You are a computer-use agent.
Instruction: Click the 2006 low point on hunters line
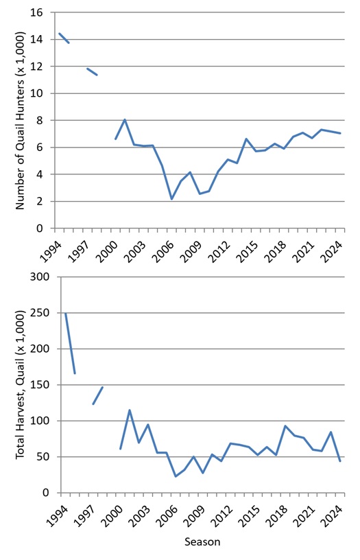coord(171,199)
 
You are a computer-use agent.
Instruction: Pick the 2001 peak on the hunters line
coord(125,119)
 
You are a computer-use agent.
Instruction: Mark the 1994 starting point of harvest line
coord(65,314)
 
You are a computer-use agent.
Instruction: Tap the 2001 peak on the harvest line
coord(130,410)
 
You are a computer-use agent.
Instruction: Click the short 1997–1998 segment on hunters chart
coord(92,71)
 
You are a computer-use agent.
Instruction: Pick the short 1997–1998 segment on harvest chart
coord(97,395)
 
